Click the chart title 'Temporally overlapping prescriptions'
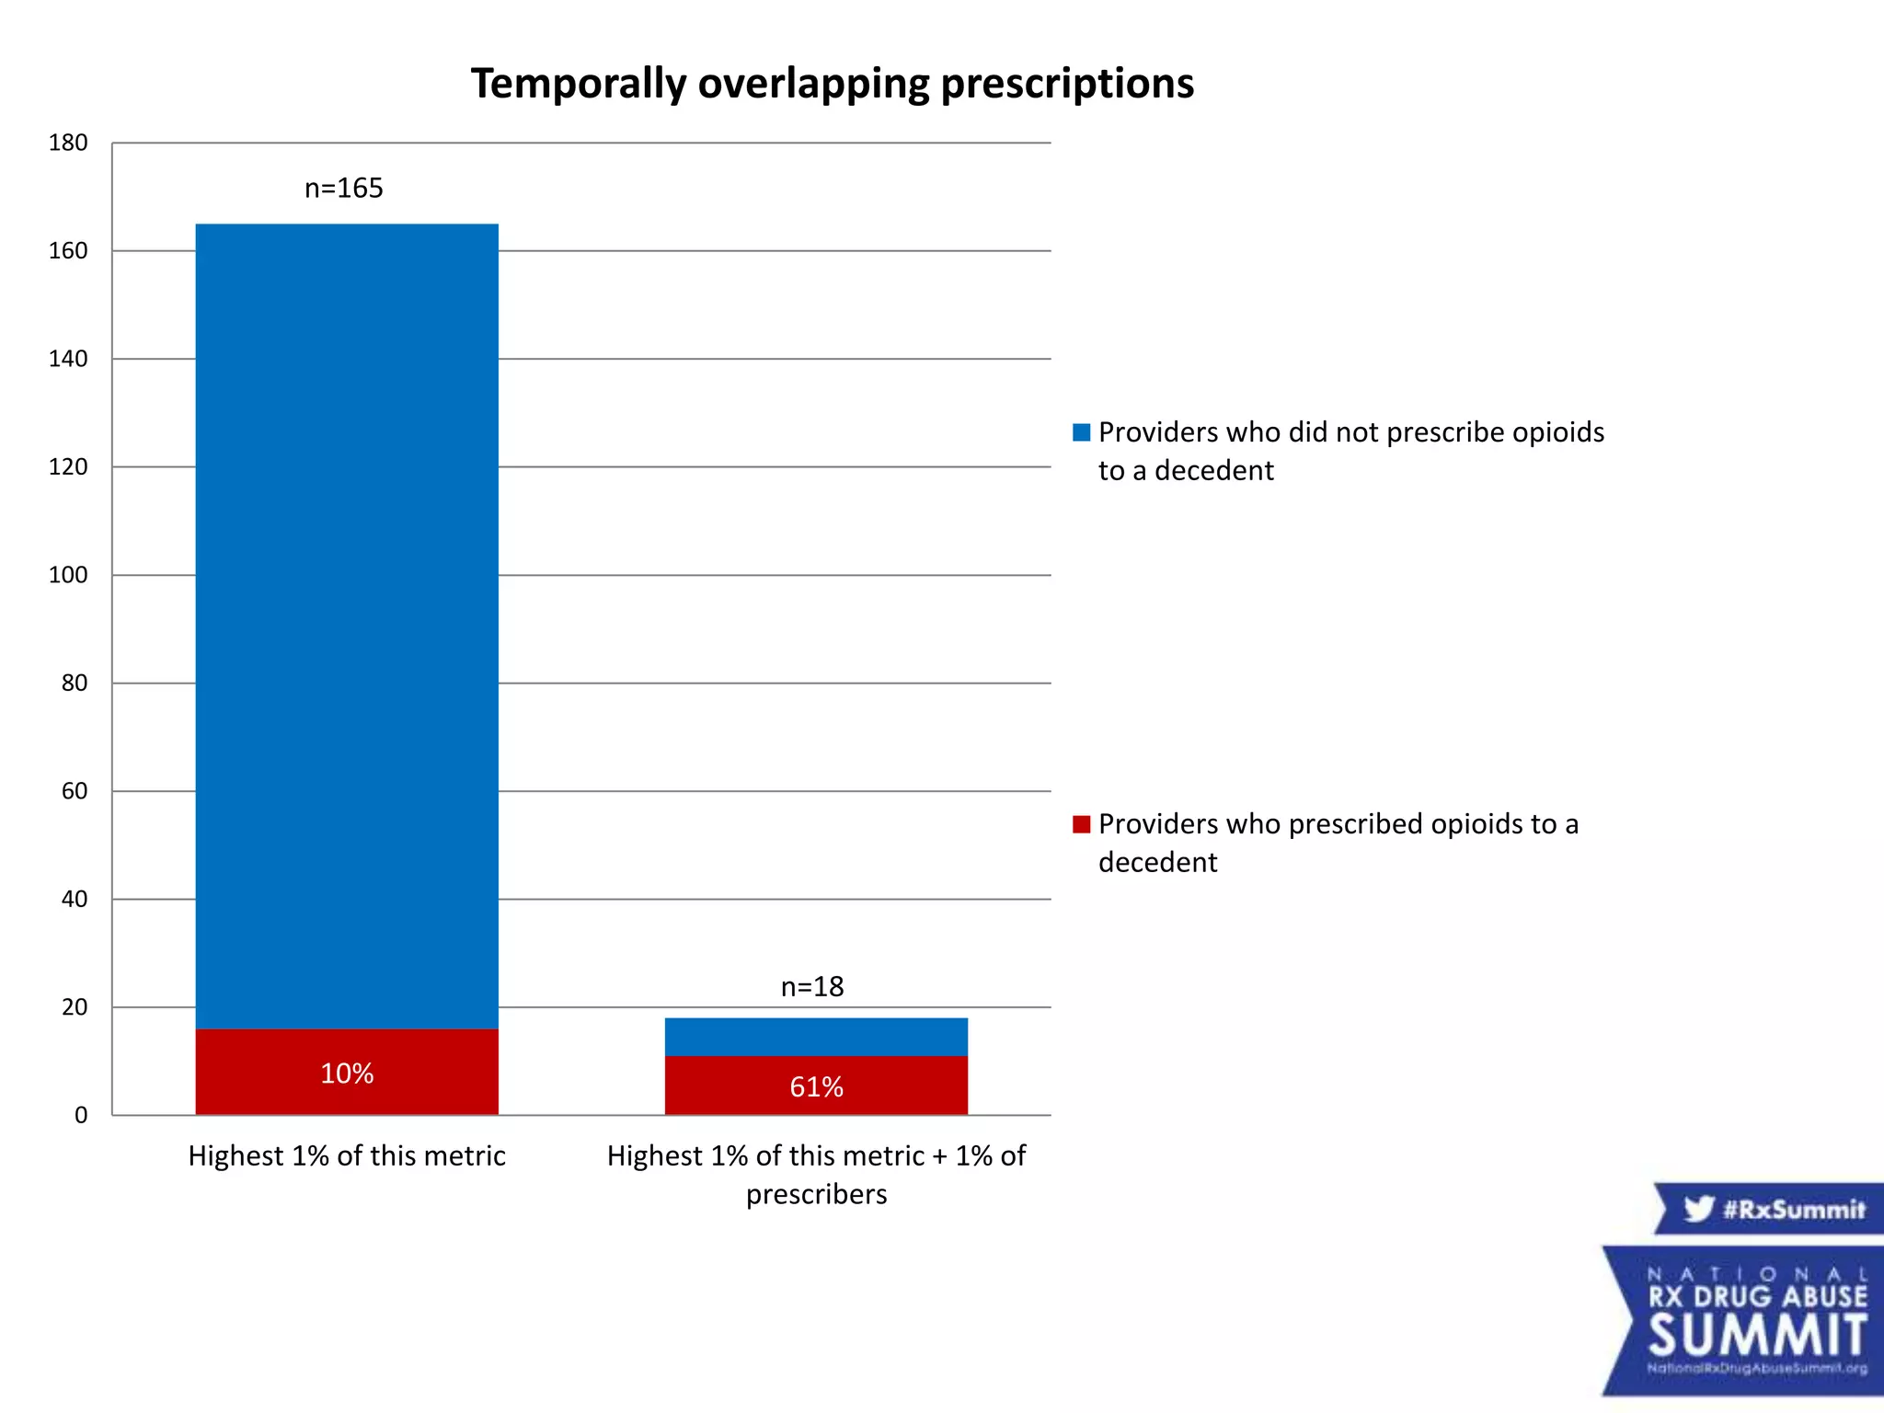tap(832, 84)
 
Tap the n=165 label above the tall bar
tap(343, 189)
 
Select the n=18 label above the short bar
tap(812, 987)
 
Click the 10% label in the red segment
tap(347, 1074)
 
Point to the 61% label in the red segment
tap(816, 1087)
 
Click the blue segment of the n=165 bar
tap(347, 626)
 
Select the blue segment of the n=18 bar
tap(816, 1037)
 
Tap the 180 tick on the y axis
tap(68, 144)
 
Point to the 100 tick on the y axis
tap(68, 576)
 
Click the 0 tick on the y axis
tap(81, 1116)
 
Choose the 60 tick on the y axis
tap(75, 792)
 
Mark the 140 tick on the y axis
tap(68, 360)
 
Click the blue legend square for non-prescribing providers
tap(1081, 432)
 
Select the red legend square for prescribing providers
tap(1081, 824)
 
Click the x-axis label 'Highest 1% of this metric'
tap(347, 1156)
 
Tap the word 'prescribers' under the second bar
tap(816, 1195)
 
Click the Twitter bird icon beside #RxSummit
tap(1698, 1208)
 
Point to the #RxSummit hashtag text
tap(1793, 1209)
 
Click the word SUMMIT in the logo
tap(1757, 1336)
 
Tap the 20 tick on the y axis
tap(75, 1008)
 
